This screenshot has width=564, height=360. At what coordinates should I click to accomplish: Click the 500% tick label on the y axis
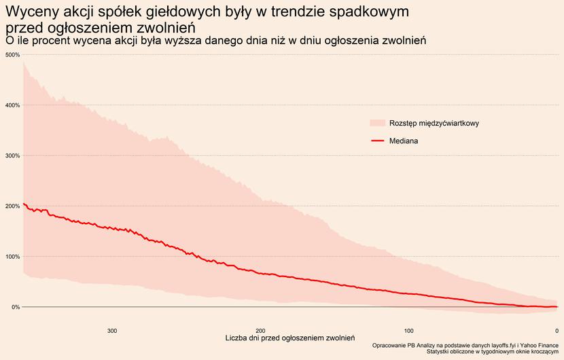click(12, 54)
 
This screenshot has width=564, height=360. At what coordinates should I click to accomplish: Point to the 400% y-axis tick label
click(12, 105)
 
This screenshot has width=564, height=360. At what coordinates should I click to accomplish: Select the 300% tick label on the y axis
click(12, 156)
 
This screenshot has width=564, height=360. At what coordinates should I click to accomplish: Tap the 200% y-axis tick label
click(12, 206)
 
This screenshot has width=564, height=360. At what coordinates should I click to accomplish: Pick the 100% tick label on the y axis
click(12, 257)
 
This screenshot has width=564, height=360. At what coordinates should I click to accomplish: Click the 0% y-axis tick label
click(14, 307)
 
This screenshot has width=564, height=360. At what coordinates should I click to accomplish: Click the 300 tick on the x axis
click(112, 331)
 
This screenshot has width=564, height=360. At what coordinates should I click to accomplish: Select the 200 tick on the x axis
click(260, 331)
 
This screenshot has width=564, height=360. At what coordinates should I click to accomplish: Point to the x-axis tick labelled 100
click(408, 331)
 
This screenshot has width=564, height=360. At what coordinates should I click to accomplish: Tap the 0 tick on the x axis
click(557, 331)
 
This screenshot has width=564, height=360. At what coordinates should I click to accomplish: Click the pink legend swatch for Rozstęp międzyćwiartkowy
click(377, 123)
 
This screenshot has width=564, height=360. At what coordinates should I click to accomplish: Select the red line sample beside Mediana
click(377, 141)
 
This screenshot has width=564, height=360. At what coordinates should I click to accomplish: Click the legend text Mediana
click(404, 141)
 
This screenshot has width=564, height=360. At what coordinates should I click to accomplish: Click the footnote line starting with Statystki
click(492, 352)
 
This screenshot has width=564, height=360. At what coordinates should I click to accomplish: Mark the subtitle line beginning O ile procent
click(215, 41)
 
